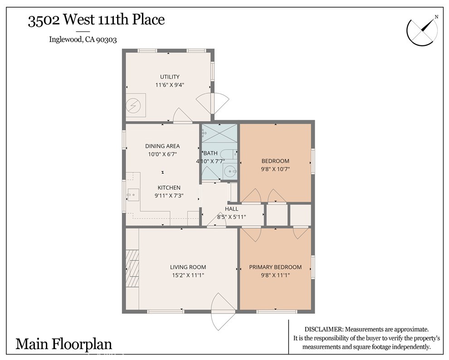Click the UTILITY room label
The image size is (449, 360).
(x=170, y=77)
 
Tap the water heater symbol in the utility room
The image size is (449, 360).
(x=134, y=106)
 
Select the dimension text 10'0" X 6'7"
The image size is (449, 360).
(x=162, y=154)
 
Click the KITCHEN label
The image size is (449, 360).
(x=169, y=188)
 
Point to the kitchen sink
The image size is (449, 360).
(x=133, y=195)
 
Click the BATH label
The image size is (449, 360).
(x=210, y=153)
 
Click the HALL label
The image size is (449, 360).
(x=231, y=209)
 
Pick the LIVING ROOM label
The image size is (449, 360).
(x=188, y=267)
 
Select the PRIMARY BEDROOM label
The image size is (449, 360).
(x=275, y=267)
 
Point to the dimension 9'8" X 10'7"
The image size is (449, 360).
(x=275, y=169)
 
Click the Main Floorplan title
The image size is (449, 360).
(x=64, y=344)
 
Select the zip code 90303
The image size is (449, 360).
(x=107, y=39)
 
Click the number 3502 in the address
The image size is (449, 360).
(x=44, y=20)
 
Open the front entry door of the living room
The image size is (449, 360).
(x=223, y=311)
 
